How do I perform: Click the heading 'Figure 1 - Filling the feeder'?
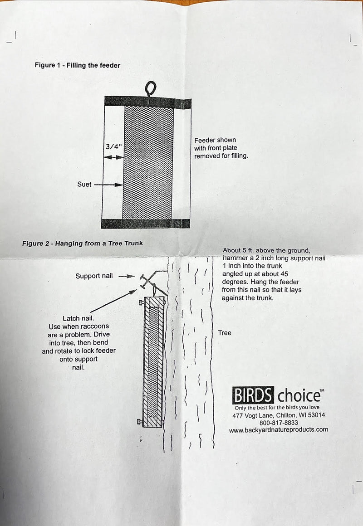click(x=78, y=65)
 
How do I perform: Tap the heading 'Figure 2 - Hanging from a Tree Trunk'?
click(x=83, y=244)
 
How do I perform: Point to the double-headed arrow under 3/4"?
click(x=113, y=157)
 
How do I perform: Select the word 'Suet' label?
click(x=84, y=185)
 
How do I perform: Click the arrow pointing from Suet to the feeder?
click(x=109, y=185)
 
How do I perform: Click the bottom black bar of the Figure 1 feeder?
click(x=145, y=224)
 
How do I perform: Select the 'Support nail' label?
click(x=94, y=276)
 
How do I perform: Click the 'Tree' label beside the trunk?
click(x=224, y=333)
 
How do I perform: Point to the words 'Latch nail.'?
click(x=78, y=318)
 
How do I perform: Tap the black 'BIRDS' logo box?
click(x=253, y=395)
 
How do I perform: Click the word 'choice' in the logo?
click(x=298, y=396)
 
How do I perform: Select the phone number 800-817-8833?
click(x=279, y=423)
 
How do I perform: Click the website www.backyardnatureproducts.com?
click(x=278, y=430)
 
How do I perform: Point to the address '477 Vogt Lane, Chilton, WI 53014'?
click(x=278, y=415)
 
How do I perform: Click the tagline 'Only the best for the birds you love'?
click(x=277, y=408)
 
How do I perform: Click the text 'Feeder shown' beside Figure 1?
click(x=215, y=140)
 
